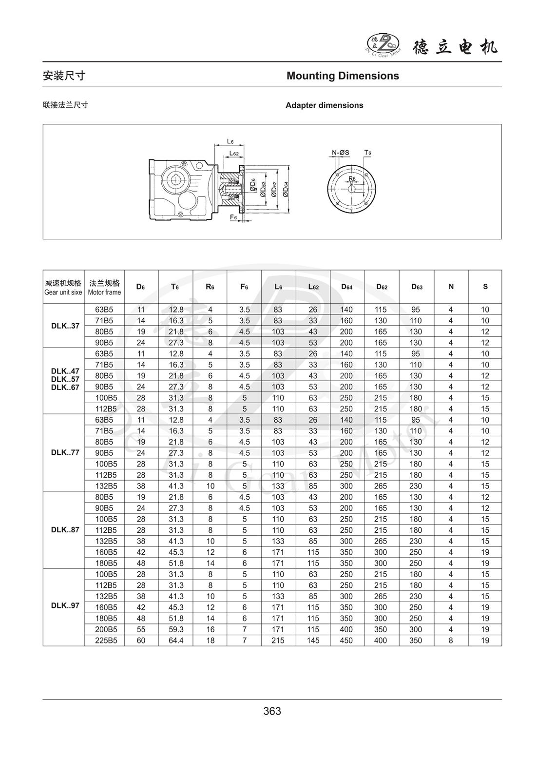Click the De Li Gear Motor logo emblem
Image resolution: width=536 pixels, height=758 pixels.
pyautogui.click(x=383, y=45)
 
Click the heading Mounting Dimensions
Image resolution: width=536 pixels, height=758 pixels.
pyautogui.click(x=343, y=76)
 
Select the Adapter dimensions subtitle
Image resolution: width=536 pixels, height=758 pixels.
pyautogui.click(x=324, y=105)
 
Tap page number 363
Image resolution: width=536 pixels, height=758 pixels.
pyautogui.click(x=272, y=711)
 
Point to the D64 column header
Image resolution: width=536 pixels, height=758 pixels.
pyautogui.click(x=346, y=287)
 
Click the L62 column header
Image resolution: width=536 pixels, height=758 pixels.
pyautogui.click(x=313, y=287)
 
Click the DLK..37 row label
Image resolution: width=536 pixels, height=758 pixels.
pyautogui.click(x=65, y=326)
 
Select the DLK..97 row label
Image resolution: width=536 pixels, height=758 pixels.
pyautogui.click(x=65, y=606)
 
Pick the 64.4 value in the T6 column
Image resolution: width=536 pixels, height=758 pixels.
pyautogui.click(x=175, y=641)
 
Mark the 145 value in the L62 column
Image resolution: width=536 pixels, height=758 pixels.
pyautogui.click(x=313, y=641)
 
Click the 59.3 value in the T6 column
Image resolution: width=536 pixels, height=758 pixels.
pyautogui.click(x=175, y=629)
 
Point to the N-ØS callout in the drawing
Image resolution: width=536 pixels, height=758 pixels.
pyautogui.click(x=341, y=153)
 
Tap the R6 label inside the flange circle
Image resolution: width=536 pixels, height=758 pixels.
pyautogui.click(x=352, y=178)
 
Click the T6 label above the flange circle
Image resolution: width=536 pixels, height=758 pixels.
pyautogui.click(x=368, y=153)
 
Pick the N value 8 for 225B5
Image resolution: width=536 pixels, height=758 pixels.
pyautogui.click(x=451, y=641)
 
